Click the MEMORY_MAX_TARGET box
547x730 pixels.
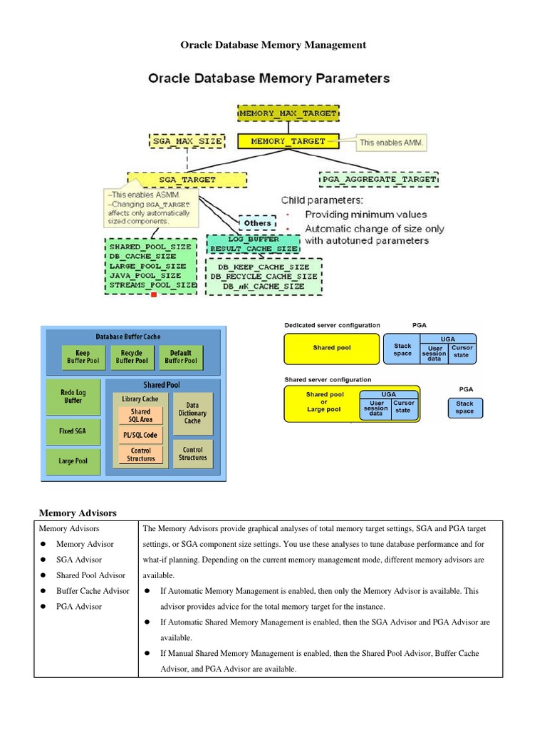pos(288,113)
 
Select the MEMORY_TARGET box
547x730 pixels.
pos(288,141)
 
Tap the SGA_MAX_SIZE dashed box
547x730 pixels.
pos(187,141)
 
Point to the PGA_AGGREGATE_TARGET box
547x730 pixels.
pos(379,179)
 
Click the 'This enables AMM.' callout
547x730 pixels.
pos(391,143)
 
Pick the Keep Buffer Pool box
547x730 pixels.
pos(83,357)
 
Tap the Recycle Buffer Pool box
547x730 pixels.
pos(132,357)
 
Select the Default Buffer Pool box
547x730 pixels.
pos(181,357)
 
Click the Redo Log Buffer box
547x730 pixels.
pos(73,397)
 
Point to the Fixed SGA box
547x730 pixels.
pos(73,431)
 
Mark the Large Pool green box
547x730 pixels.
pos(73,461)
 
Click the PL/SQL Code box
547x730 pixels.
pos(140,435)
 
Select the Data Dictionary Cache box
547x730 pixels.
pos(192,413)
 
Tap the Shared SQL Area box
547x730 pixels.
pos(140,415)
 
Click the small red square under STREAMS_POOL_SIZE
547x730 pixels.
pos(152,294)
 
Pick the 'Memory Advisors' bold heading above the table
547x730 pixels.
pos(78,513)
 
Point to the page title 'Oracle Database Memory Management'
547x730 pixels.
pos(273,45)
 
